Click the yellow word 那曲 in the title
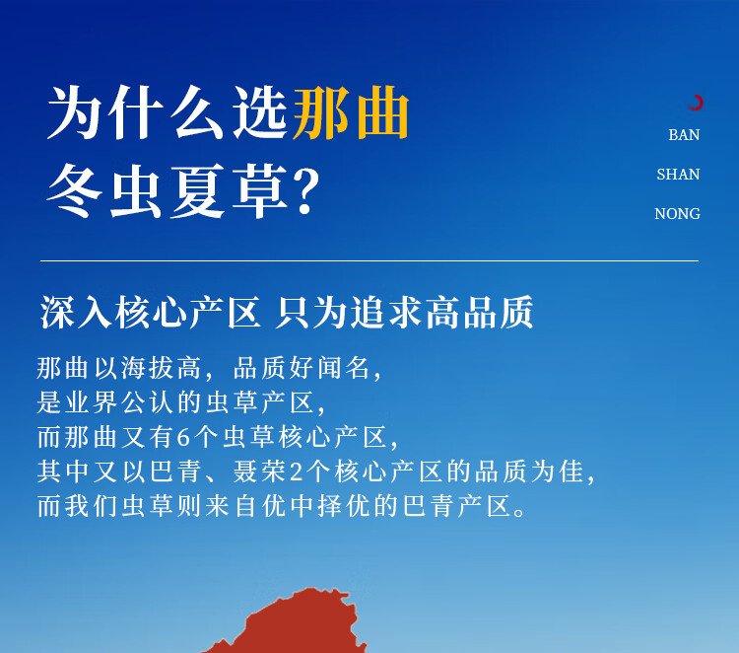pyautogui.click(x=351, y=113)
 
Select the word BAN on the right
pyautogui.click(x=684, y=135)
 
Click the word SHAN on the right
pyautogui.click(x=678, y=175)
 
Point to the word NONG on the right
pyautogui.click(x=677, y=214)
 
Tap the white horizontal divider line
pyautogui.click(x=369, y=260)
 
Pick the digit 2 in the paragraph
pyautogui.click(x=297, y=472)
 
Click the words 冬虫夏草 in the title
pyautogui.click(x=168, y=191)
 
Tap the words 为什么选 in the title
pyautogui.click(x=168, y=113)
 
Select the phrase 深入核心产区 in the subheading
pyautogui.click(x=151, y=312)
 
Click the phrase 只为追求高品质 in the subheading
pyautogui.click(x=404, y=312)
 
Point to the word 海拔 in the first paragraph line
pyautogui.click(x=135, y=368)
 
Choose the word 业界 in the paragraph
pyautogui.click(x=79, y=402)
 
